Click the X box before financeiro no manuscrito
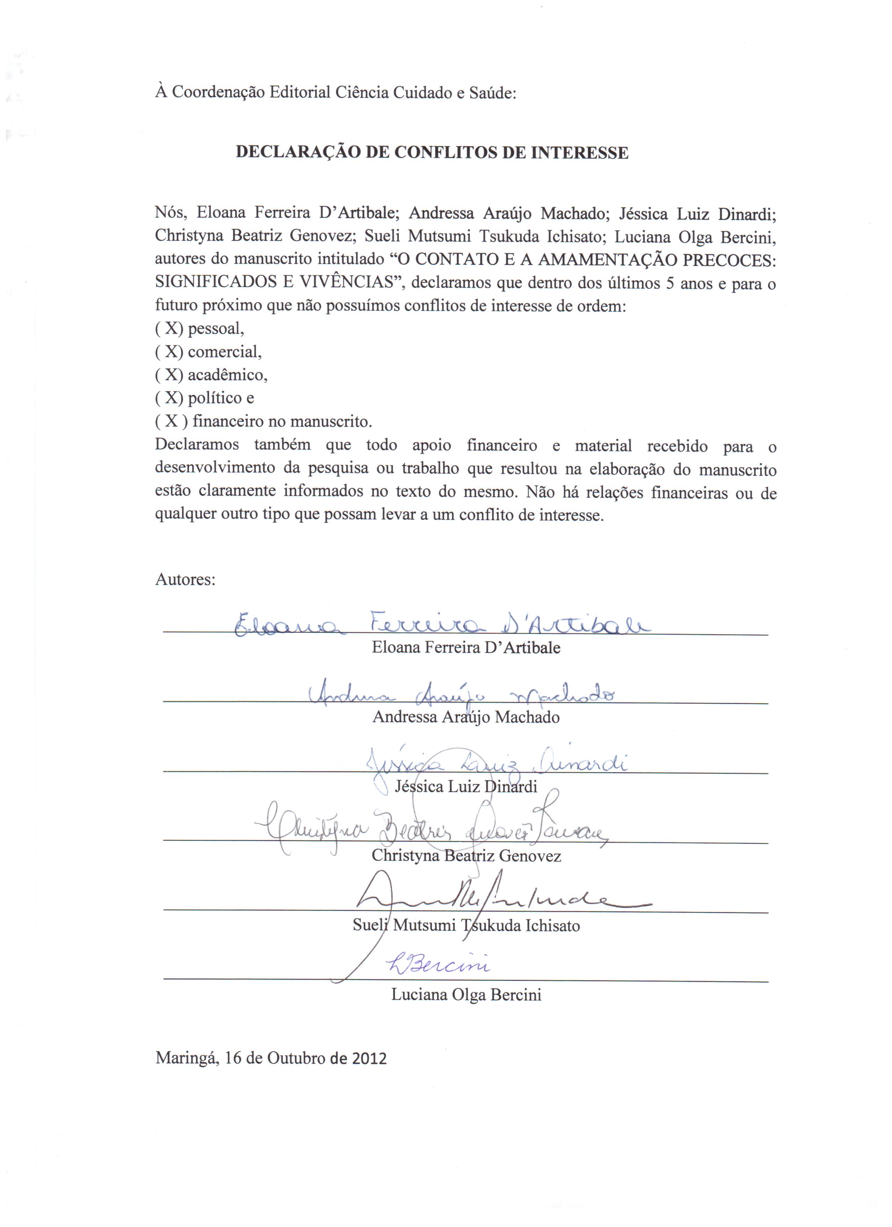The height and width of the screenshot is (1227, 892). pyautogui.click(x=172, y=421)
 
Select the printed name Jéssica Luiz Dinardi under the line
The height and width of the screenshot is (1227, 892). pyautogui.click(x=466, y=786)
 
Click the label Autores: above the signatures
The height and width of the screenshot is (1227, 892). pyautogui.click(x=185, y=580)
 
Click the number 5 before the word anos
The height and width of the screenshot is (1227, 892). pyautogui.click(x=670, y=283)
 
